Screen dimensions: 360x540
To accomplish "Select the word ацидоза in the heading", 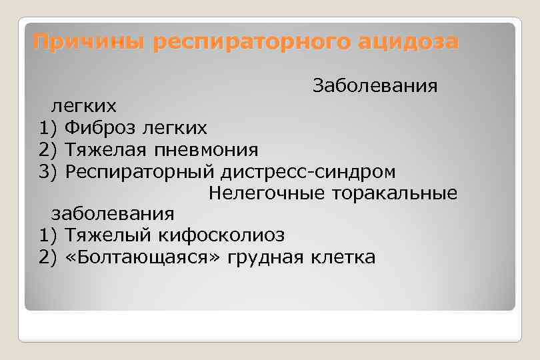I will (x=408, y=43).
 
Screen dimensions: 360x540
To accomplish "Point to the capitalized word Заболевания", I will (x=375, y=86).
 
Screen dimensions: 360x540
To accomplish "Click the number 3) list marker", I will (x=49, y=172).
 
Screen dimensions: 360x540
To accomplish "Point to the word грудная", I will (x=266, y=257).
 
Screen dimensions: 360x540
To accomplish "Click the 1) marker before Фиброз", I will (x=49, y=128).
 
